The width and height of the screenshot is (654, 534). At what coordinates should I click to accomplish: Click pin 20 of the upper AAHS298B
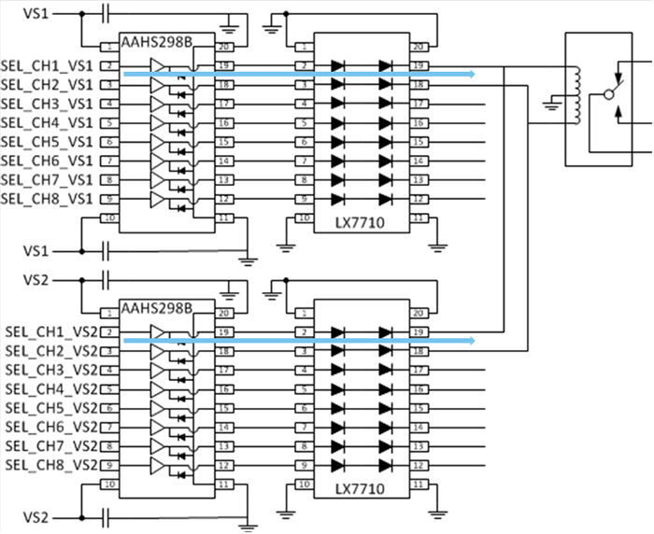point(224,47)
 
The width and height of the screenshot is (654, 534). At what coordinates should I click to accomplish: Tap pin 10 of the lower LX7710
point(303,484)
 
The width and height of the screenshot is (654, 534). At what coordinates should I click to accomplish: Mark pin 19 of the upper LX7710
point(419,65)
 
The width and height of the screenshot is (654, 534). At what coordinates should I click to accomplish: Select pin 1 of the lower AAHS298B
point(109,313)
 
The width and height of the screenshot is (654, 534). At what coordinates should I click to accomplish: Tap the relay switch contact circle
point(610,94)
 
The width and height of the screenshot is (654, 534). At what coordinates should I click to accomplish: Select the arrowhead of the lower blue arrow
point(471,341)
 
